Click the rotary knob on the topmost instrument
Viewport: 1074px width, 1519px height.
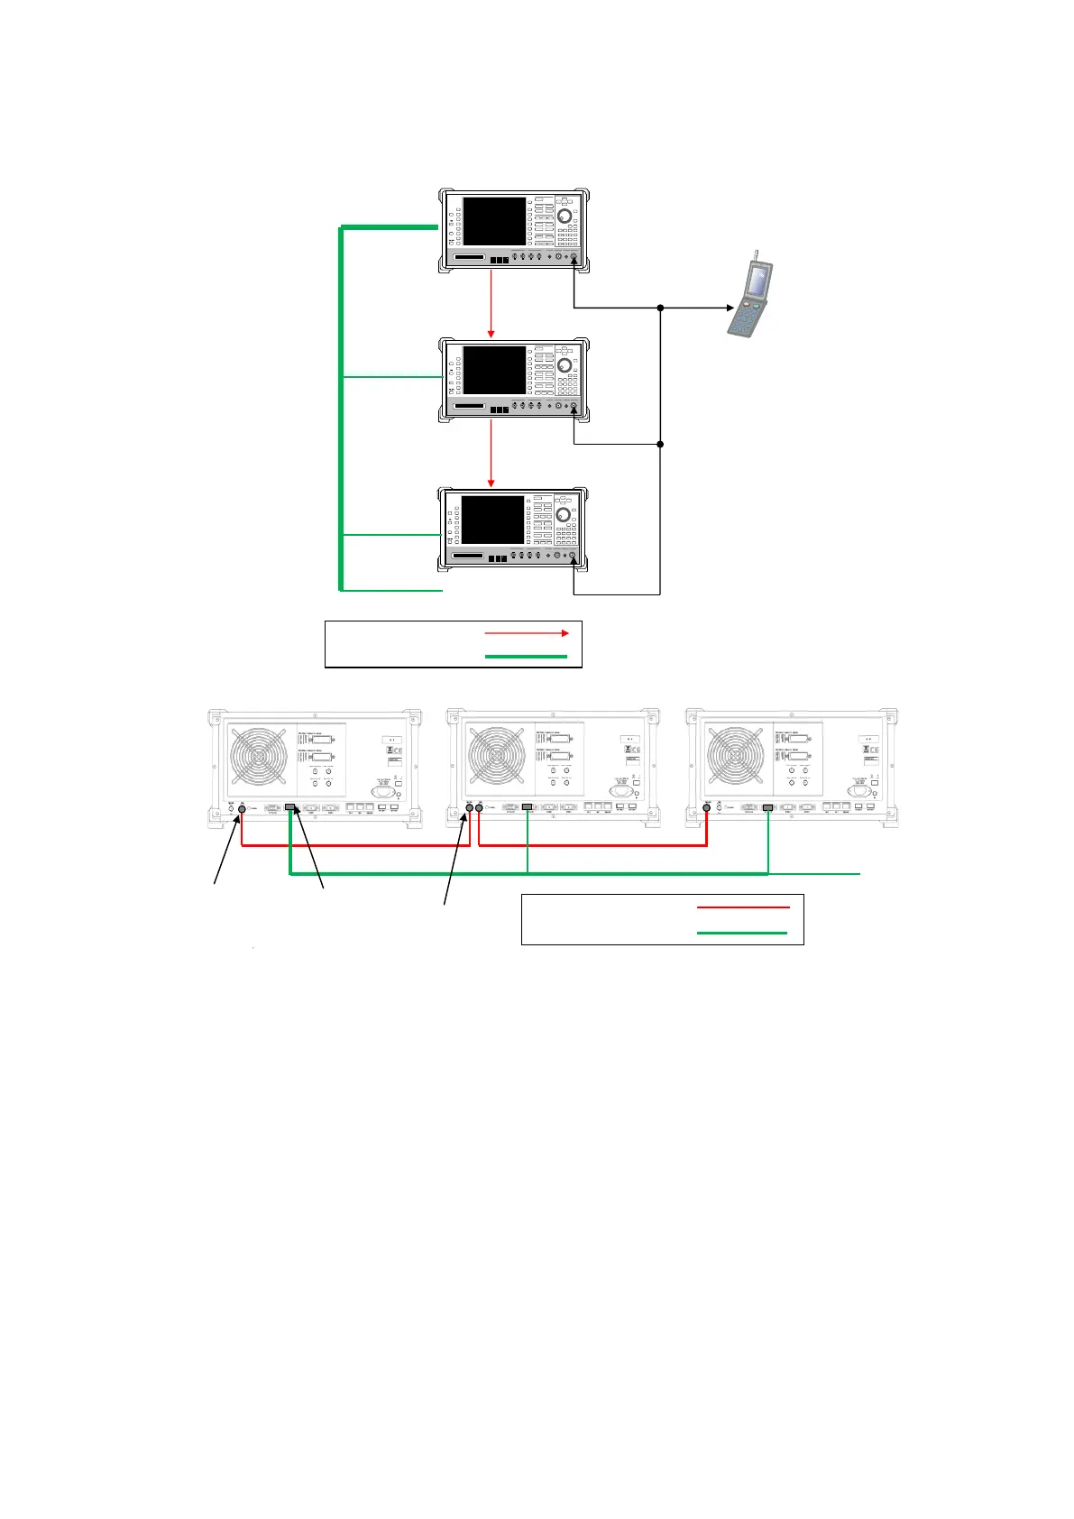coord(565,216)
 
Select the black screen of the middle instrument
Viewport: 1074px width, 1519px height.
coord(494,370)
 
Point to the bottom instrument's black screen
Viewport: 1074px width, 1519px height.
coord(493,520)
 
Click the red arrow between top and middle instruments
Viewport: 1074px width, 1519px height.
coord(491,302)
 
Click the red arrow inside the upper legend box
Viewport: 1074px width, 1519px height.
coord(527,633)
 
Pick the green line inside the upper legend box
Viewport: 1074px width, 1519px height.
coord(527,656)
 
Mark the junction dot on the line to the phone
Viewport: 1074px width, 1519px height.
coord(661,308)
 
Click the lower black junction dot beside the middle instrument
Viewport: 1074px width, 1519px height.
coord(661,444)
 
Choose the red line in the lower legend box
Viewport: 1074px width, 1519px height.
coord(743,907)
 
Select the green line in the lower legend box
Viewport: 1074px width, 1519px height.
coord(743,933)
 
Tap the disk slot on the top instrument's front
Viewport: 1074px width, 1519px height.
coord(470,258)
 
